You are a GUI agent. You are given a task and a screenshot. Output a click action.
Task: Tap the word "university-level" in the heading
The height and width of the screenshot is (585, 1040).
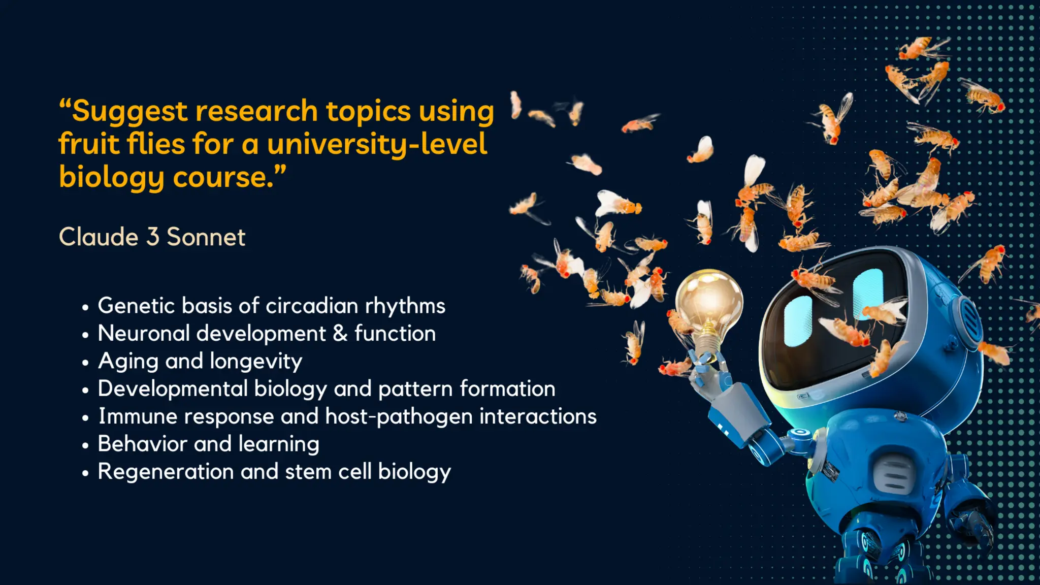[377, 145]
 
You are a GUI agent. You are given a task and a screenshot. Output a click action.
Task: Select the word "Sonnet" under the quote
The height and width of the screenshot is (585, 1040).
[206, 237]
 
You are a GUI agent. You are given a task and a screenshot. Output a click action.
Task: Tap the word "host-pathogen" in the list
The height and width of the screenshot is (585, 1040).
[399, 417]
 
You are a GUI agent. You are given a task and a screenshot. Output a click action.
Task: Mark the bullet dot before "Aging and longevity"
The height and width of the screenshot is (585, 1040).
[85, 363]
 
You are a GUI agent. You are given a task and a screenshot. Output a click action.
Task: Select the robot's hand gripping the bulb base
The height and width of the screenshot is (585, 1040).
[709, 368]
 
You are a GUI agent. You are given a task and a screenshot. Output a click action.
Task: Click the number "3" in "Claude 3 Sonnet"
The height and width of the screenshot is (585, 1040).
[152, 237]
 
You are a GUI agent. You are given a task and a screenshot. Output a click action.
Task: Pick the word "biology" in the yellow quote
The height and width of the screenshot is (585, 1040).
[111, 178]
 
